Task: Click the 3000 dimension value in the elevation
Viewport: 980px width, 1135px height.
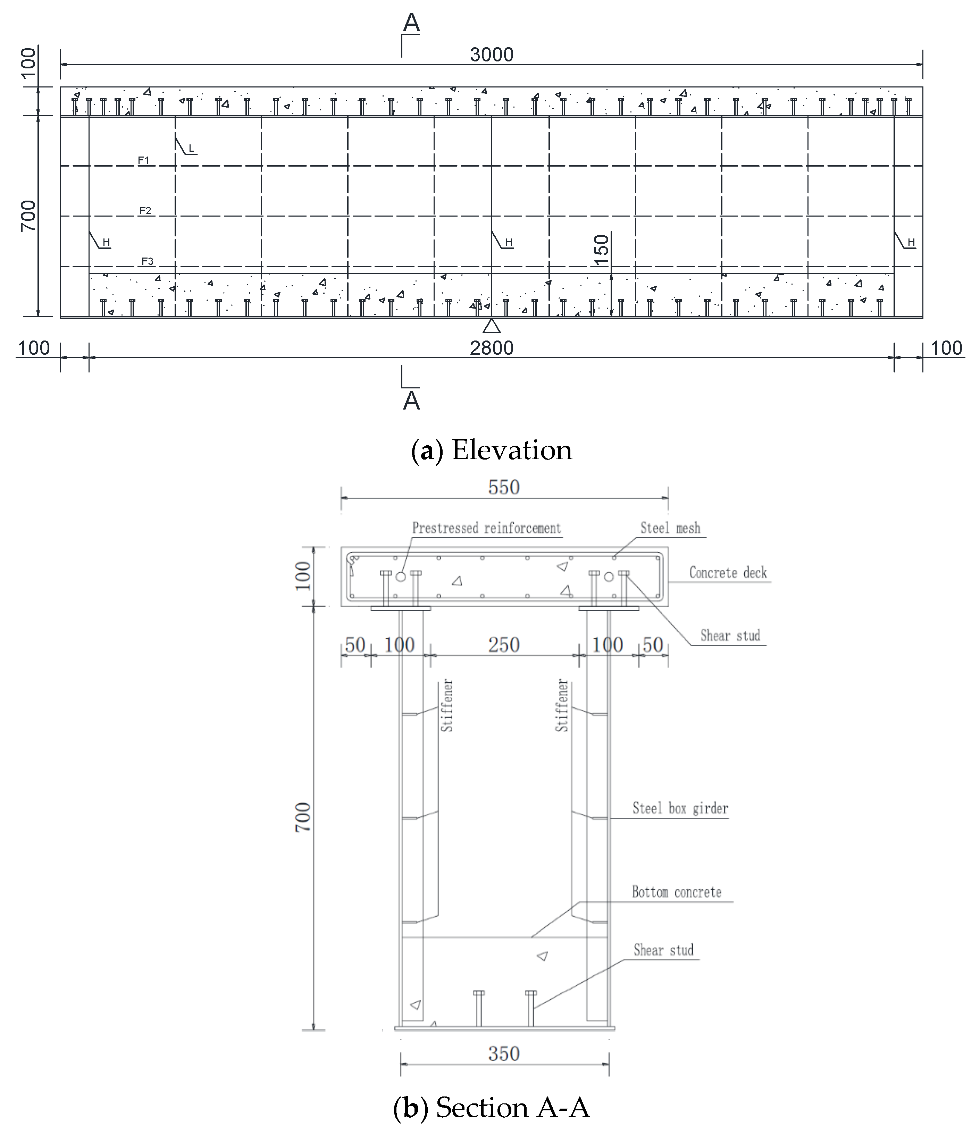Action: click(x=491, y=55)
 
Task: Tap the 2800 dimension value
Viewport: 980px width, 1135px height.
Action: click(x=491, y=348)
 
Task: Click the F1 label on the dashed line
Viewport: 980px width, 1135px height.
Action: click(x=143, y=160)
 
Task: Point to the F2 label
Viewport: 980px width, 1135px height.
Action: click(x=145, y=210)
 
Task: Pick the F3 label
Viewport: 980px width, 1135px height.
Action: click(x=147, y=261)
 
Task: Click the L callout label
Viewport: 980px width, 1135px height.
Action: click(x=191, y=149)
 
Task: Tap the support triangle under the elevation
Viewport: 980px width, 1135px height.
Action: click(x=491, y=327)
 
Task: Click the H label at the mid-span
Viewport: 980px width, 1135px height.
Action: click(x=509, y=242)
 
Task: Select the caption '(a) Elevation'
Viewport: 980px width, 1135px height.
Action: click(x=491, y=450)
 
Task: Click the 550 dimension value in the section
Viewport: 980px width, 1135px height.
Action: click(x=503, y=488)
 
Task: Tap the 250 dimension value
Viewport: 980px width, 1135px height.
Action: click(x=503, y=645)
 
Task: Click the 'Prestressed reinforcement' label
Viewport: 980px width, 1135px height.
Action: click(x=486, y=528)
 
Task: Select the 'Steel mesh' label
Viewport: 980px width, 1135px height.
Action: click(x=670, y=528)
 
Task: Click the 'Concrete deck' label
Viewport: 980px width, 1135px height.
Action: click(x=728, y=573)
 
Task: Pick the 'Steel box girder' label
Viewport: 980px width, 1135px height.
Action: click(x=680, y=808)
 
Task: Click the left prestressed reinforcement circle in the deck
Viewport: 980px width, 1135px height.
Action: click(x=401, y=577)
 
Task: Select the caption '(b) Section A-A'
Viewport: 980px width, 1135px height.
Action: click(x=491, y=1108)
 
